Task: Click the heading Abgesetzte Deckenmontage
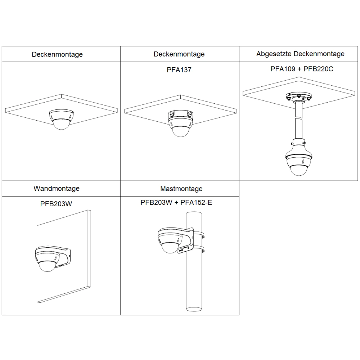(300, 54)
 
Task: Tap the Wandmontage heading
(57, 188)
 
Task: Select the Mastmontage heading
(181, 189)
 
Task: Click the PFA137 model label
(179, 70)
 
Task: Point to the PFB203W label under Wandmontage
(56, 204)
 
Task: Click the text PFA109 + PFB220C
(302, 69)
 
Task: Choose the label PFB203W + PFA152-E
(176, 203)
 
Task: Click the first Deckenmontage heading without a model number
(57, 54)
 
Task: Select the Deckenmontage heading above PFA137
(179, 54)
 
